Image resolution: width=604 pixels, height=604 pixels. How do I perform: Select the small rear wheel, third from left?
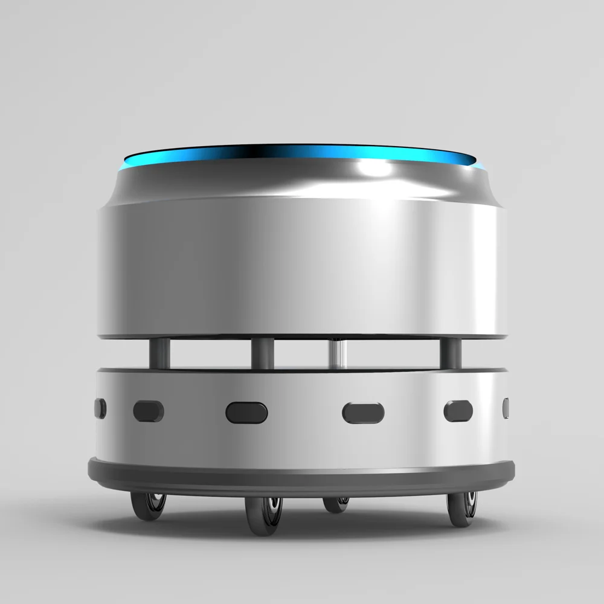tap(336, 504)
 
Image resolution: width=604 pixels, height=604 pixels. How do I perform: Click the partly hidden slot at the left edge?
tap(100, 408)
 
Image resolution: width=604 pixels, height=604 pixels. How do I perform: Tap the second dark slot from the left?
tap(148, 411)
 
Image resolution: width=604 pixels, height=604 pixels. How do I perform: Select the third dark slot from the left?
tap(246, 413)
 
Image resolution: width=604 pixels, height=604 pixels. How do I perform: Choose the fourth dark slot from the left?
tap(363, 413)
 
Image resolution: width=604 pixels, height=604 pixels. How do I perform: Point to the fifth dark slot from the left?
tap(458, 411)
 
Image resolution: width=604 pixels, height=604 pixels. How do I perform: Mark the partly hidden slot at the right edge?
tap(506, 408)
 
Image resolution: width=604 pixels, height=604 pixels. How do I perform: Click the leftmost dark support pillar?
tap(159, 353)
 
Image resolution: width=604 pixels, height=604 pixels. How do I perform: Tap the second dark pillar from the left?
tap(262, 353)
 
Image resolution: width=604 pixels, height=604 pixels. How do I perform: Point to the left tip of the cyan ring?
tap(124, 163)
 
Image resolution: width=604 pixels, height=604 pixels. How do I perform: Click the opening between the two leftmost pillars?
tap(210, 353)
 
